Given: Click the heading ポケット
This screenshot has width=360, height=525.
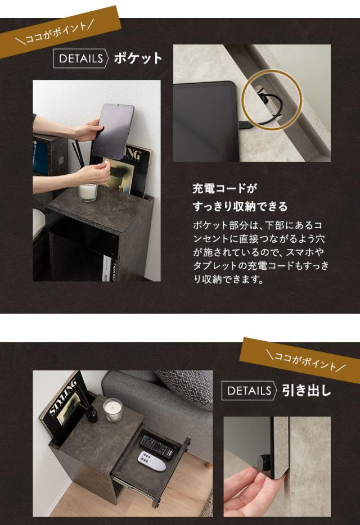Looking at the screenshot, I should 138,58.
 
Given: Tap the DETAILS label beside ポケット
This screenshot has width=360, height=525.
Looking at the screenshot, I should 80,58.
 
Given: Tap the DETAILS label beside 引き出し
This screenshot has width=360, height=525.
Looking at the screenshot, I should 249,391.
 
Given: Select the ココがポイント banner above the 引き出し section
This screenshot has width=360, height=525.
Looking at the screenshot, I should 300,359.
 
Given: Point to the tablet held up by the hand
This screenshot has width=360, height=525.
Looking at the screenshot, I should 112,131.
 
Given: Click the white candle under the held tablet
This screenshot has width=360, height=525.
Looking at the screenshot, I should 88,192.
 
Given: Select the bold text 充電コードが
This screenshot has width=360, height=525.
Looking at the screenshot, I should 220,188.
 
